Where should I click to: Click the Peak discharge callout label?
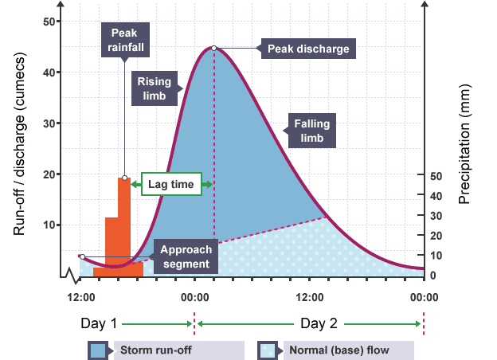[309, 49]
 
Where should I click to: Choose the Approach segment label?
[184, 256]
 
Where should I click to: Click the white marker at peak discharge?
[213, 49]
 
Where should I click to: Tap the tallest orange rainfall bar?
[124, 226]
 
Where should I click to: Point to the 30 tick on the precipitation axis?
[436, 215]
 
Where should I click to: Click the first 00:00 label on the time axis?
[194, 297]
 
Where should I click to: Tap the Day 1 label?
[99, 324]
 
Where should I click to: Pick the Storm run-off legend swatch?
[99, 350]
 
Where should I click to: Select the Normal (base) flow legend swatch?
[269, 350]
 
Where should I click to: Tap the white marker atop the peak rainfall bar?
[124, 178]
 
